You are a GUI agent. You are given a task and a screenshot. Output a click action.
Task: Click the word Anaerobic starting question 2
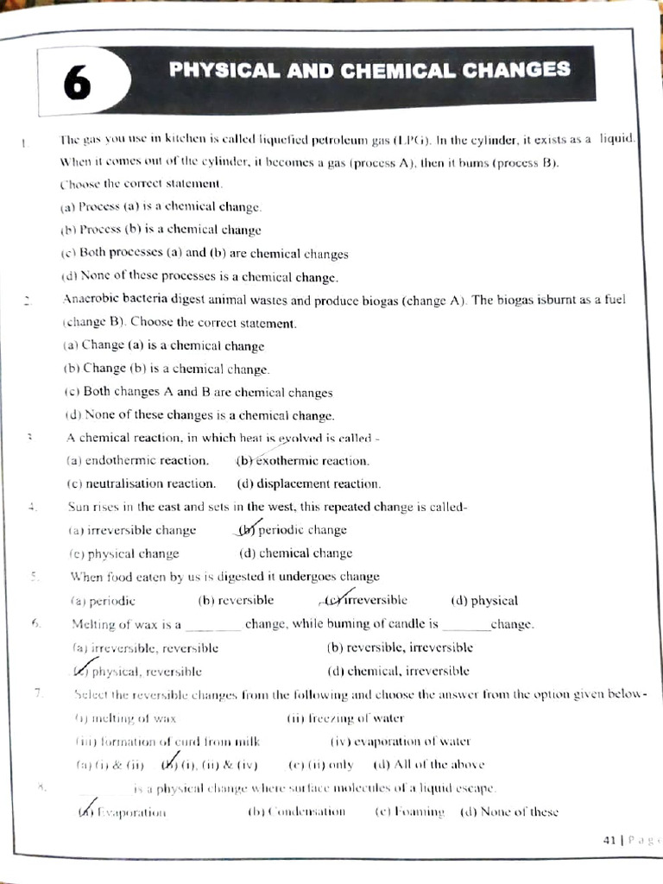97,300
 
